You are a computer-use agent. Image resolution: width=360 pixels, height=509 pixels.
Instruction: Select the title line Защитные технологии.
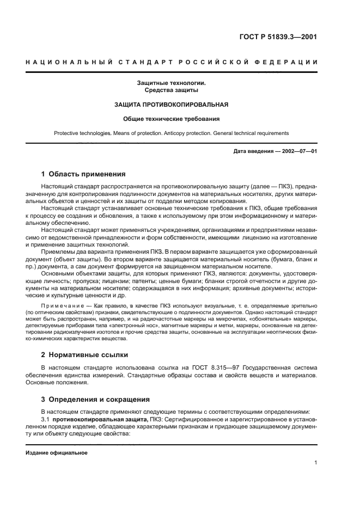(171, 83)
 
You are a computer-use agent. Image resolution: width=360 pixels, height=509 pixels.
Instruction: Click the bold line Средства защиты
(171, 90)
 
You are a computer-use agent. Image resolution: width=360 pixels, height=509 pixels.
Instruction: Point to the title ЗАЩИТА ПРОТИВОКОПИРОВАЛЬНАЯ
(171, 105)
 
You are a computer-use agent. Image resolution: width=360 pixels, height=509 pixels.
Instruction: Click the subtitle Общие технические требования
(171, 119)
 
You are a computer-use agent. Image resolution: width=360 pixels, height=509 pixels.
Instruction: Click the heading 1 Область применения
(83, 174)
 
